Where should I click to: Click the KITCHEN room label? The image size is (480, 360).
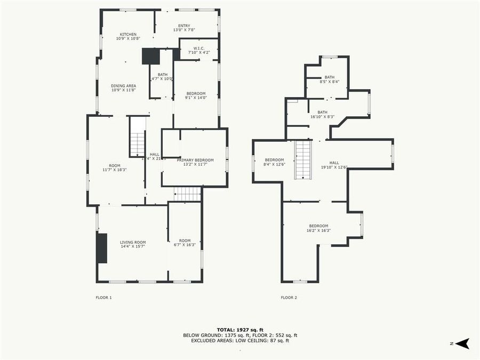[x=128, y=35]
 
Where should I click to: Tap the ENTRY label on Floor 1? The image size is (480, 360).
[x=184, y=26]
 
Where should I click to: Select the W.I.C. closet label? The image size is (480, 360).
[x=198, y=48]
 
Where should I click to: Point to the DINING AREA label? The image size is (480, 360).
[x=123, y=86]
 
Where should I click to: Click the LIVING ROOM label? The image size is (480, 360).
[x=133, y=242]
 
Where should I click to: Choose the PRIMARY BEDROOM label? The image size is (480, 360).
[x=195, y=160]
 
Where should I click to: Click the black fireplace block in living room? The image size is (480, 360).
[x=101, y=248]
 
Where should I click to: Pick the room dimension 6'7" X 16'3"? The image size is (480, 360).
[x=185, y=245]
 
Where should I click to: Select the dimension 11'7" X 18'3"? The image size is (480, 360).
[x=115, y=170]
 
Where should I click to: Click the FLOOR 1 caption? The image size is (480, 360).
[x=103, y=297]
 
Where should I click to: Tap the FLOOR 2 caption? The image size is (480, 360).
[x=289, y=297]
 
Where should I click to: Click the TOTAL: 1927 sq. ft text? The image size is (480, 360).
[x=239, y=330]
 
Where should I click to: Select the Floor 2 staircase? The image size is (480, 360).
[x=303, y=159]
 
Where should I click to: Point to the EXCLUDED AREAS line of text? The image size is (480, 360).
[x=239, y=340]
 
